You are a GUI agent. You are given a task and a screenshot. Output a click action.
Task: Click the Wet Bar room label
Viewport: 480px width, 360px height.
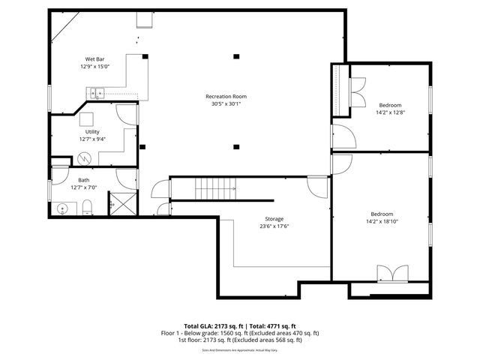[94, 58]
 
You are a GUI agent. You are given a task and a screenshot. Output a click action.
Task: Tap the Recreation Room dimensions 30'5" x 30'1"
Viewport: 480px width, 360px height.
[226, 104]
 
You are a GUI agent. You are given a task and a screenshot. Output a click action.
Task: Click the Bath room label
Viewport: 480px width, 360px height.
[84, 179]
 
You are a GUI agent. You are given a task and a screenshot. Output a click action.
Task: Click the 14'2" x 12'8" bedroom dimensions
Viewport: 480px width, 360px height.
[390, 112]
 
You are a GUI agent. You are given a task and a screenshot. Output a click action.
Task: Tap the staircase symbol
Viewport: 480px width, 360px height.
[215, 187]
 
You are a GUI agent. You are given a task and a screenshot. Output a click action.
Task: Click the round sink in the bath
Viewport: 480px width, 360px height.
[61, 208]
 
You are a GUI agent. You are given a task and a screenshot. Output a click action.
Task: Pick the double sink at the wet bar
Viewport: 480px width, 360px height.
[94, 94]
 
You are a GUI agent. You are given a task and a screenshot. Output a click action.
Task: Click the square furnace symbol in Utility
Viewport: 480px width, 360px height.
[88, 119]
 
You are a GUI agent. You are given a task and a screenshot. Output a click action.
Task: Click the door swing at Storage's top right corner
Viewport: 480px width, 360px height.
[319, 185]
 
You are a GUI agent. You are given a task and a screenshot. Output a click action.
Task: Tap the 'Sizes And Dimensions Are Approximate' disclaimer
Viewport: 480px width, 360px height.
[239, 349]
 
